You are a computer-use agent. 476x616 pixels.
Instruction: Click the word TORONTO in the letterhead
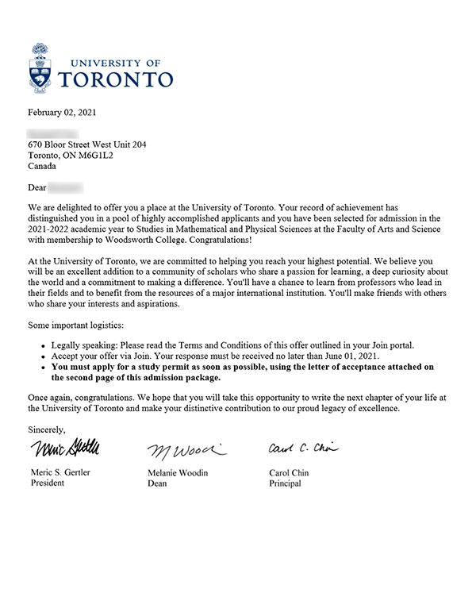[116, 79]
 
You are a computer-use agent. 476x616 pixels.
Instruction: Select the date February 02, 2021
[62, 112]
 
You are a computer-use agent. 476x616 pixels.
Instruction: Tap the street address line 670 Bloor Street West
[86, 145]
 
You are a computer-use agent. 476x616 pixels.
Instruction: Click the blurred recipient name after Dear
[66, 188]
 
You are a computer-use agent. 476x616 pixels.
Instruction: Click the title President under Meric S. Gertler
[47, 483]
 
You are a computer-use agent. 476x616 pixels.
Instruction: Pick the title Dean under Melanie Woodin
[157, 483]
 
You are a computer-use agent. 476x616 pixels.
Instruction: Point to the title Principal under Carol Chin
[286, 483]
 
